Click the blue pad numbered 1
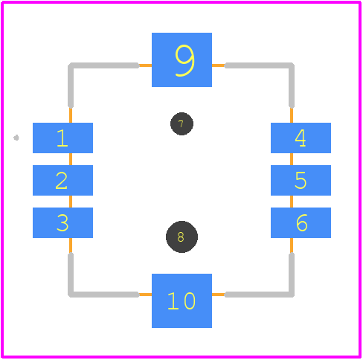pyautogui.click(x=62, y=138)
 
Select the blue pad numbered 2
pyautogui.click(x=62, y=180)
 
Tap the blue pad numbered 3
pyautogui.click(x=62, y=222)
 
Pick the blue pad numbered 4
pyautogui.click(x=301, y=138)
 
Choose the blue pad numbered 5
pyautogui.click(x=301, y=180)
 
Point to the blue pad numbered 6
pyautogui.click(x=301, y=222)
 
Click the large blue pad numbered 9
pyautogui.click(x=181, y=60)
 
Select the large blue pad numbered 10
pyautogui.click(x=181, y=300)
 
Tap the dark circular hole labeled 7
pyautogui.click(x=181, y=123)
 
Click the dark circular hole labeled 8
pyautogui.click(x=181, y=237)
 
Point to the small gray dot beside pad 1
pyautogui.click(x=16, y=138)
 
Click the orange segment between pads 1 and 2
pyautogui.click(x=71, y=159)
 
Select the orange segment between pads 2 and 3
pyautogui.click(x=71, y=202)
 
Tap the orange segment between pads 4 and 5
pyautogui.click(x=292, y=159)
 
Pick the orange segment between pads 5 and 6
pyautogui.click(x=292, y=202)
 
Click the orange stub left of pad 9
pyautogui.click(x=145, y=65)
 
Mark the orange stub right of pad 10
pyautogui.click(x=219, y=295)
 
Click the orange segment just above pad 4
pyautogui.click(x=292, y=115)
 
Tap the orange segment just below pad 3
pyautogui.click(x=71, y=245)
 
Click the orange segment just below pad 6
pyautogui.click(x=292, y=245)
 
